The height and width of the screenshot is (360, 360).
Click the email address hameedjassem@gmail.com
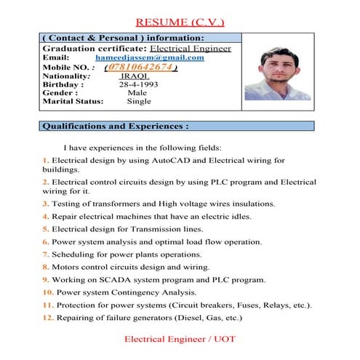(x=150, y=57)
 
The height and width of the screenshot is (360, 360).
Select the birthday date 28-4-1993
(x=138, y=84)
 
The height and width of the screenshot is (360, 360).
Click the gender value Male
(x=137, y=93)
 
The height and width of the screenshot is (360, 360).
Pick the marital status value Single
(x=139, y=102)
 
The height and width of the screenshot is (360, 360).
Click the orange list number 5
(x=45, y=228)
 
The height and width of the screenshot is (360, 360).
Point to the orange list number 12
(x=47, y=317)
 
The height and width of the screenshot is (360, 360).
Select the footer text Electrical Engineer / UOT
(x=180, y=340)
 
